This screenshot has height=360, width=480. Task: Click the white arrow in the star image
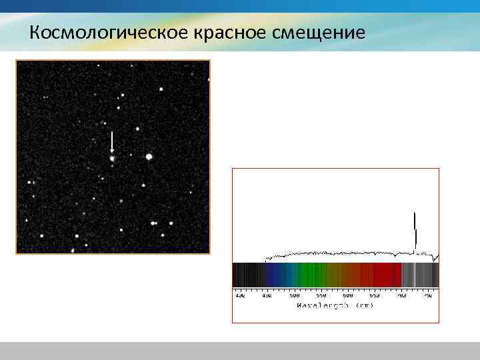click(112, 142)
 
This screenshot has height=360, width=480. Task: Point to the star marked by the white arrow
click(112, 159)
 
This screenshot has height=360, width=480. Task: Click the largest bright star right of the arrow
click(149, 157)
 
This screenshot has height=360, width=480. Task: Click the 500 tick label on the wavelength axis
click(294, 295)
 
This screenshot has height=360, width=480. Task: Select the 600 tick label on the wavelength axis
click(348, 295)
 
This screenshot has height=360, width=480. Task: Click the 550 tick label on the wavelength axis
click(321, 295)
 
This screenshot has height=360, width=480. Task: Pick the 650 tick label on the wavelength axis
click(375, 295)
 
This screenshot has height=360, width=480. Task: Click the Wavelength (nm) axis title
click(335, 305)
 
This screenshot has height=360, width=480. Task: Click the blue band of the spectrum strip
click(277, 275)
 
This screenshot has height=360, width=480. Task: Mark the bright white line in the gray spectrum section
click(415, 275)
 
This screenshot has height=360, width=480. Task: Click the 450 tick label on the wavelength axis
click(267, 295)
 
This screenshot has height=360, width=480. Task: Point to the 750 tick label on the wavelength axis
click(427, 295)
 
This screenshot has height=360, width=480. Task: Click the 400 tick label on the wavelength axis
click(240, 295)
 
